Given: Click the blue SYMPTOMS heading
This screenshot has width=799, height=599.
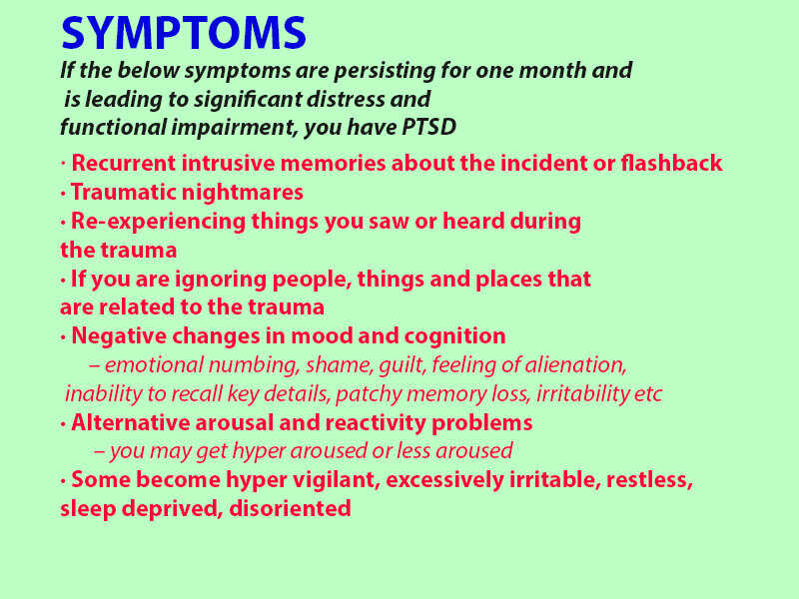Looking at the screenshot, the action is tap(184, 33).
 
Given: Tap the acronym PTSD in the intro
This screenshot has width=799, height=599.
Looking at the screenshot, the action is tap(428, 127).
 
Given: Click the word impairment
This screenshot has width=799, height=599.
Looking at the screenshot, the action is tap(234, 128).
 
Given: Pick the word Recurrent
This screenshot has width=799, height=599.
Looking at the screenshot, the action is tap(123, 163).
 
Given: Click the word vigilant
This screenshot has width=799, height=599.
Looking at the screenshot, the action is tap(336, 480).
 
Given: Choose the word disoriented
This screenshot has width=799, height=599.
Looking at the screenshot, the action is tap(290, 508).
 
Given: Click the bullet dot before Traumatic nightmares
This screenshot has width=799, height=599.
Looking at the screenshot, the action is tap(63, 194).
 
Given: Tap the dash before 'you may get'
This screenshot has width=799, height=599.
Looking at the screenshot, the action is tap(100, 452).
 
